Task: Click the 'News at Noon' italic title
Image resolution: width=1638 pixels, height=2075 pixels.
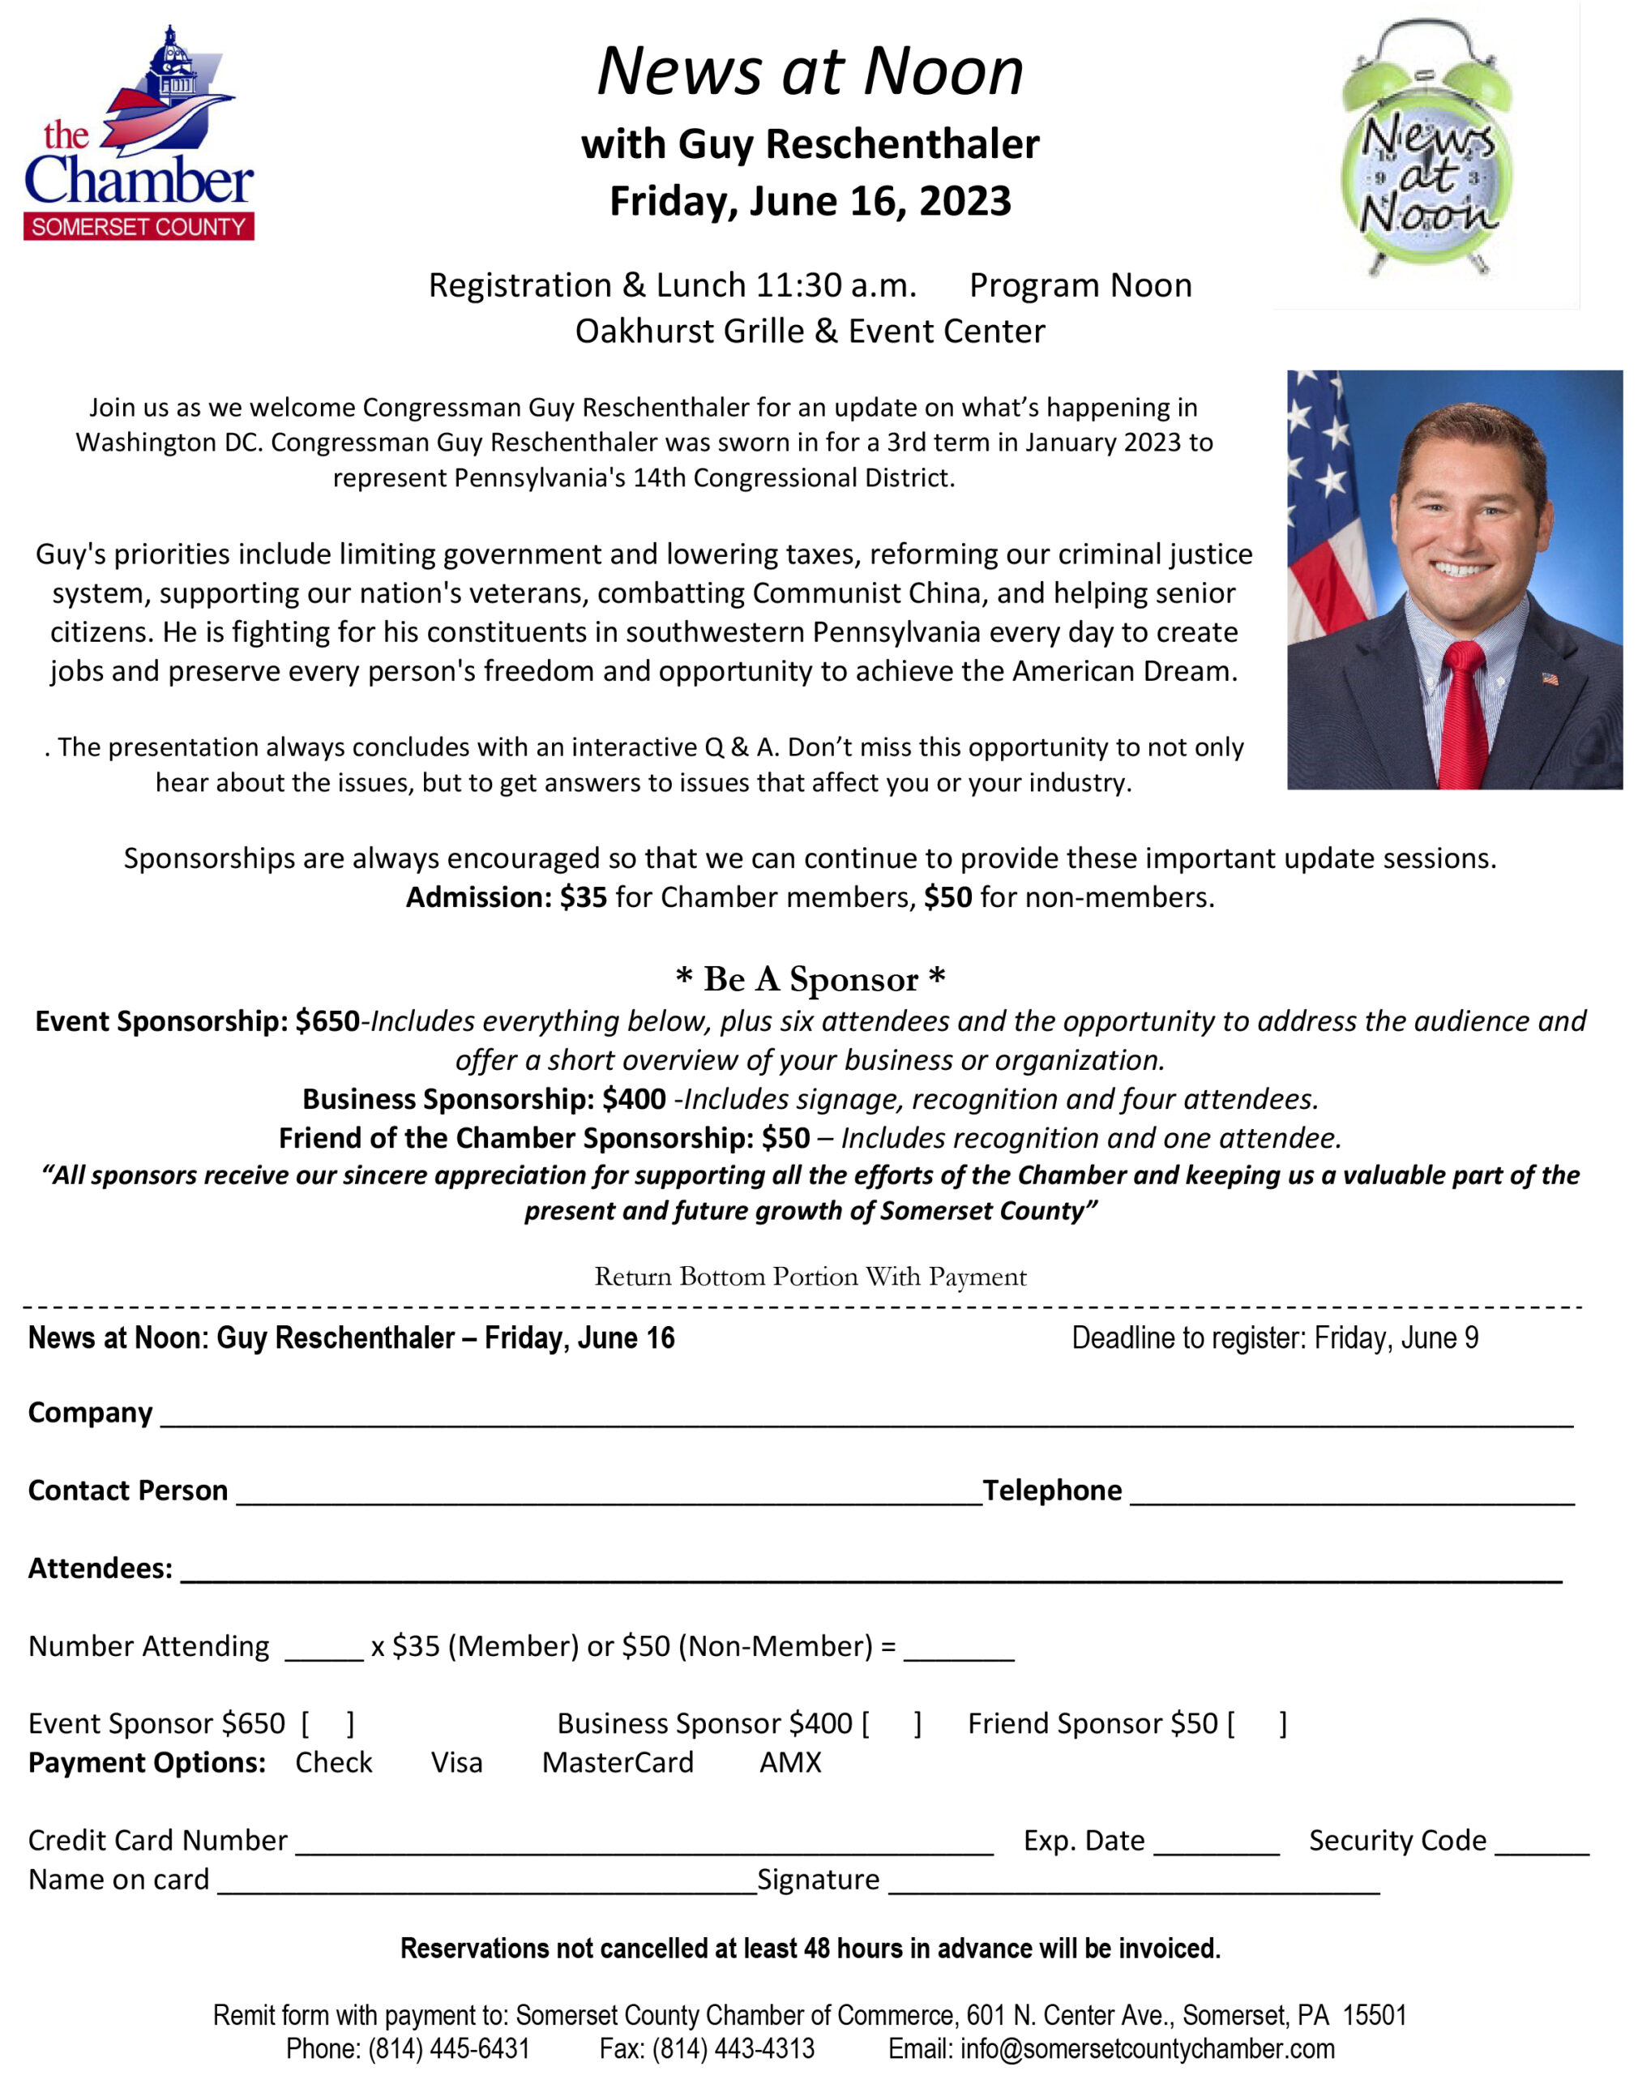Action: click(810, 71)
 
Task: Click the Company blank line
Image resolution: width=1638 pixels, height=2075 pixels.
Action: click(863, 1417)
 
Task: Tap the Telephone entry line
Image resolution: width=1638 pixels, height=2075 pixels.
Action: click(1352, 1495)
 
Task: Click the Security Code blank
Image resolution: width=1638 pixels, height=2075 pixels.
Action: click(1541, 1845)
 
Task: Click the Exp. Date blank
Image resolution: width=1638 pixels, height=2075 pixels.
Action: click(1216, 1845)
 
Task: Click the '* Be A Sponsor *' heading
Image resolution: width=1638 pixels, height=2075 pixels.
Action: click(810, 979)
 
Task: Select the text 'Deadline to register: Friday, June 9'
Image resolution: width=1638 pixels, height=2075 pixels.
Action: click(1275, 1337)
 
